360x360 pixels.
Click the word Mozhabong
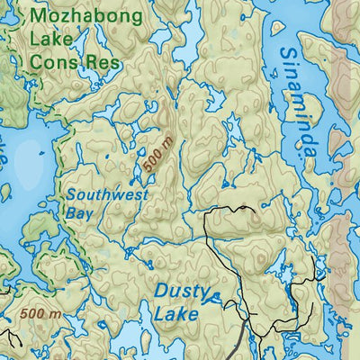(x=85, y=16)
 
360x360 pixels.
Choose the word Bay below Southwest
(x=78, y=213)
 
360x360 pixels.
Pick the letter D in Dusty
(x=161, y=292)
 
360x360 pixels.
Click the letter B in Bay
(x=69, y=213)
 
